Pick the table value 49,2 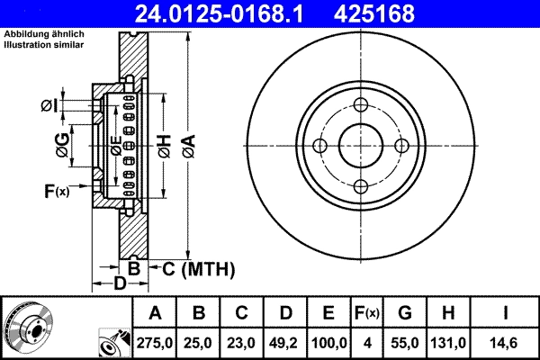point(285,342)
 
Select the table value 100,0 point(328,342)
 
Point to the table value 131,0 point(449,342)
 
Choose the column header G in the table point(405,313)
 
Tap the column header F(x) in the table point(367,313)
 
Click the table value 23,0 point(242,342)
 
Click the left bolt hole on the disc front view point(320,146)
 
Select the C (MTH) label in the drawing point(198,268)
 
